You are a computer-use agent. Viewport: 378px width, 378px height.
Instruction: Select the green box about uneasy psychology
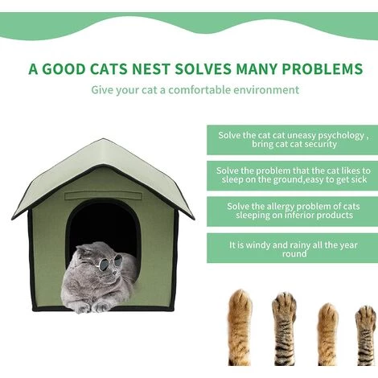coord(293,139)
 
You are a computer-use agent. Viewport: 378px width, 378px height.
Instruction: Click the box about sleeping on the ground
coord(293,175)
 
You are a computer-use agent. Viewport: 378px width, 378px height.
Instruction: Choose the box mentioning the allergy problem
coord(293,211)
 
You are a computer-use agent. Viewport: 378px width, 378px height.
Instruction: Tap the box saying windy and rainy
coord(293,249)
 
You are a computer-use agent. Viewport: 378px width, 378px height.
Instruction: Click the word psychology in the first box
coord(340,134)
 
